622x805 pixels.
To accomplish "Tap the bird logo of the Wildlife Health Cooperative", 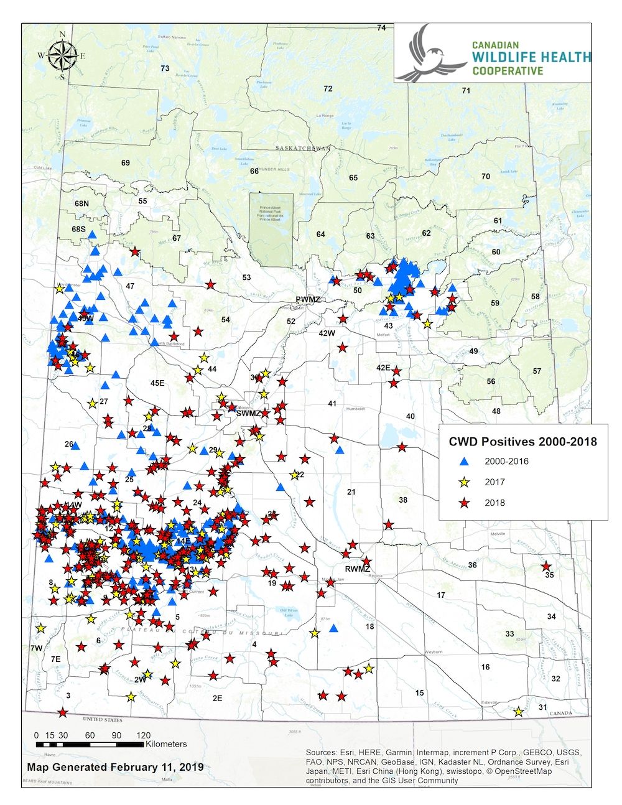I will [x=430, y=55].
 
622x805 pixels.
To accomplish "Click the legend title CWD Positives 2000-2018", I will [x=522, y=442].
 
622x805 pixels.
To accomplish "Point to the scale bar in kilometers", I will [x=90, y=744].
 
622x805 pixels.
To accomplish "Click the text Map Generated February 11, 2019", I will [x=115, y=766].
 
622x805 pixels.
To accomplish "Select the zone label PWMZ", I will [x=308, y=300].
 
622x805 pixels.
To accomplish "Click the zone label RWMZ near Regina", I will [x=358, y=569].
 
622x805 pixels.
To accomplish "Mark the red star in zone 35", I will [x=546, y=566].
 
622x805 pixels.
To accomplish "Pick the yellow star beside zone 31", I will [x=519, y=711].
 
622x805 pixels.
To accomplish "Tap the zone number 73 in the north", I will [x=165, y=68].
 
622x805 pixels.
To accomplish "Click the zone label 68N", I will [x=81, y=203].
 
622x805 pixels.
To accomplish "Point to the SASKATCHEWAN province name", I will [x=303, y=148].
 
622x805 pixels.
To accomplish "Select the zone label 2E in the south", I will [x=217, y=699].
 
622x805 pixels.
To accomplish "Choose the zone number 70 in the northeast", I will [x=486, y=177].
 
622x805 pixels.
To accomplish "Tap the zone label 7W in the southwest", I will [x=36, y=648].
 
